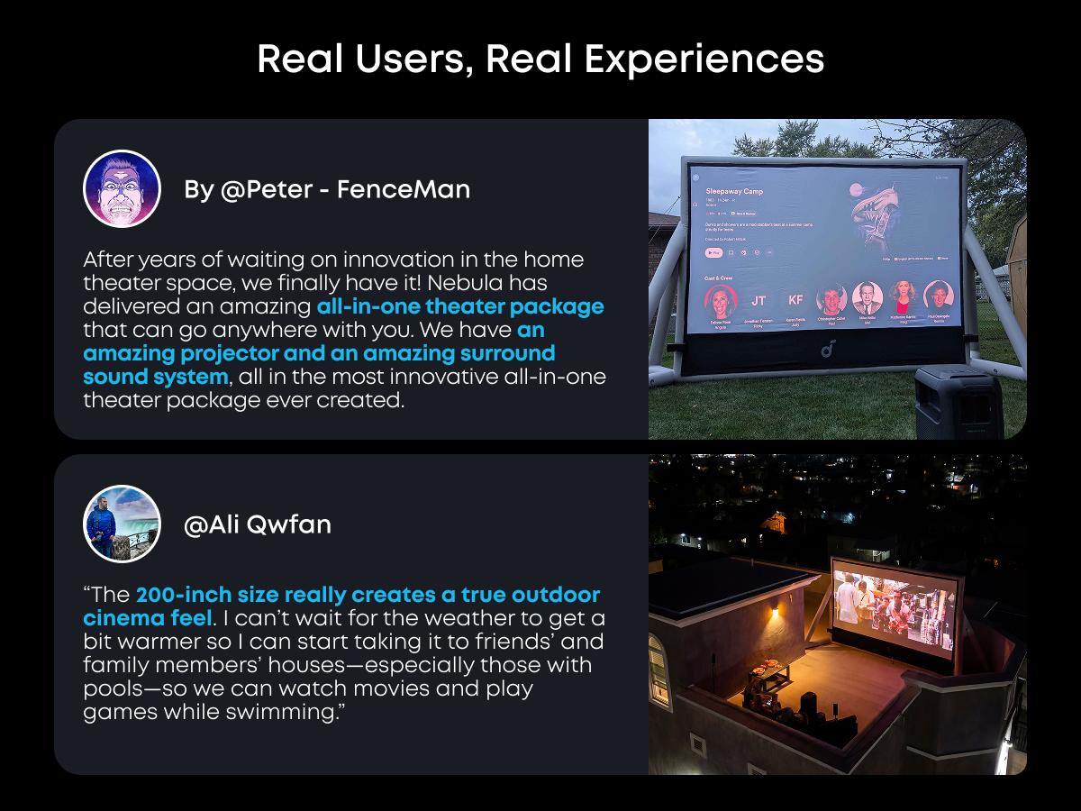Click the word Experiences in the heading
(704, 59)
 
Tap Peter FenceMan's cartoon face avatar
(122, 188)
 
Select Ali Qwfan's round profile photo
(122, 524)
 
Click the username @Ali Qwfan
(258, 524)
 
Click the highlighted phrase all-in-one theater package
(460, 306)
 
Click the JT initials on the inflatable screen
(759, 300)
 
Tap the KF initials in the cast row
(795, 299)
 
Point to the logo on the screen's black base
(828, 347)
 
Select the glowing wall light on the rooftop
(774, 615)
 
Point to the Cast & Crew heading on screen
(718, 278)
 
